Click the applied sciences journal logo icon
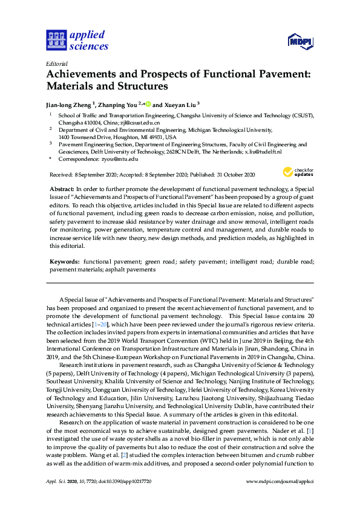[55, 40]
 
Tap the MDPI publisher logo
[301, 41]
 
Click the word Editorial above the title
[56, 63]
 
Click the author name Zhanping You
[117, 103]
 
